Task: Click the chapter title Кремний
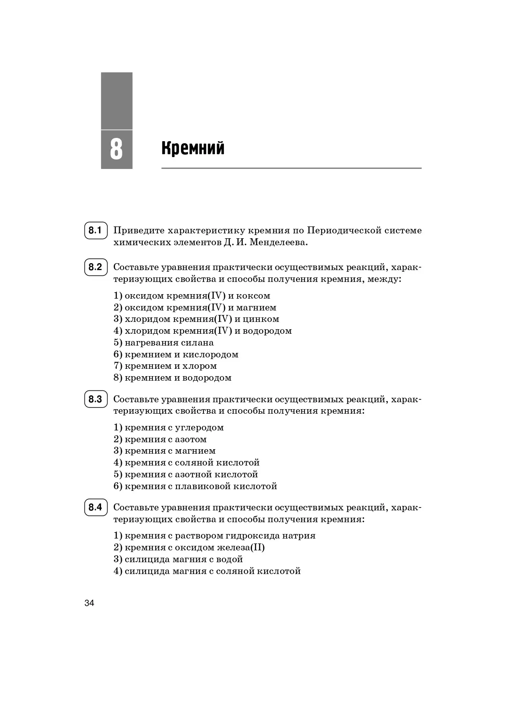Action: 193,148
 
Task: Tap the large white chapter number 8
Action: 116,149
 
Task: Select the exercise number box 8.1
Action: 95,231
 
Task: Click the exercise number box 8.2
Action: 95,267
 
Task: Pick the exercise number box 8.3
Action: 95,399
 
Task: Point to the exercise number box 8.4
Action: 95,508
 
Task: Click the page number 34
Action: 89,603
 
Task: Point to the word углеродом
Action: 199,428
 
